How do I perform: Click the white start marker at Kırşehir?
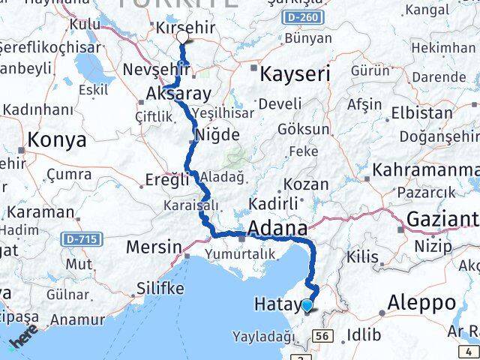[x=182, y=34]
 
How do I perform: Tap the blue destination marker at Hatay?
[x=307, y=305]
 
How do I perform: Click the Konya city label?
[x=56, y=139]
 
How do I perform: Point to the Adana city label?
[x=277, y=228]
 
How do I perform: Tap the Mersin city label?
[x=154, y=246]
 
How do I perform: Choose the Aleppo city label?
[x=421, y=302]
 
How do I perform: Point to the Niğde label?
[x=217, y=136]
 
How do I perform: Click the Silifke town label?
[x=160, y=288]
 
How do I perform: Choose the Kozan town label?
[x=306, y=184]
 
